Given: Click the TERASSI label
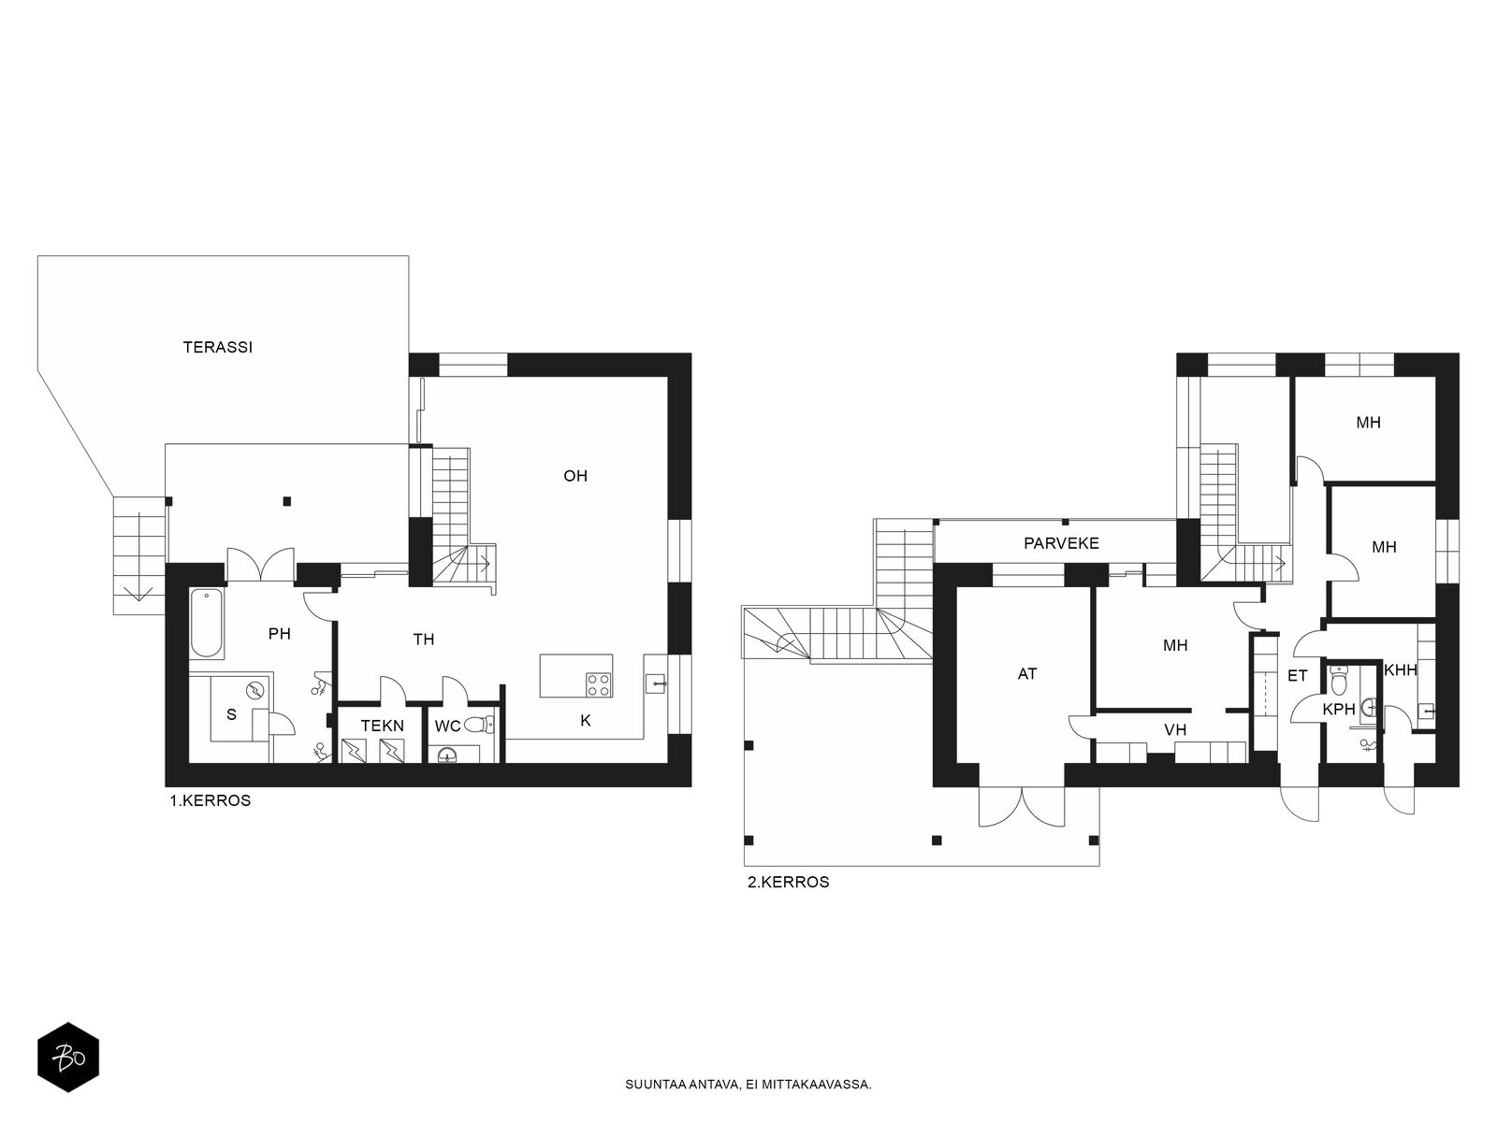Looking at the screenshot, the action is coord(218,348).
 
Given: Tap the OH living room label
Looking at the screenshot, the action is coord(574,476).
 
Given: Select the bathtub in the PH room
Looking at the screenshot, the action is coord(206,624).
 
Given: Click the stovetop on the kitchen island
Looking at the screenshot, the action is coord(598,684).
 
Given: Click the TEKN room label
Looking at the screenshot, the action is coord(383,726).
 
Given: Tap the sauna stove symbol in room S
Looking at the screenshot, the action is coord(256,689).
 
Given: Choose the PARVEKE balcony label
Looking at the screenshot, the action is coord(1061,543).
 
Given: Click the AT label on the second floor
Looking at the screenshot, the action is coord(1027,674).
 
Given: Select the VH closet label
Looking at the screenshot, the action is coord(1175,730).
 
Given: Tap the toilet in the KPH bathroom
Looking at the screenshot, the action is coord(1337,677).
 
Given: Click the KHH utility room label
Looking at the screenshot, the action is coord(1401,670).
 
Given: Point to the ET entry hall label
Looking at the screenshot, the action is coord(1297,676).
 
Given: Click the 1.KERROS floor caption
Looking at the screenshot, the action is coord(211,801).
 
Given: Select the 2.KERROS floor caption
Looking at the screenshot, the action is coord(789,883).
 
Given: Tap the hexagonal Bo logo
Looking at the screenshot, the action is coord(68,1057).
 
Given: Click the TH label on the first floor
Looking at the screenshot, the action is coord(424,640).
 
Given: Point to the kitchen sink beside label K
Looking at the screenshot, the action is coord(656,682).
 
